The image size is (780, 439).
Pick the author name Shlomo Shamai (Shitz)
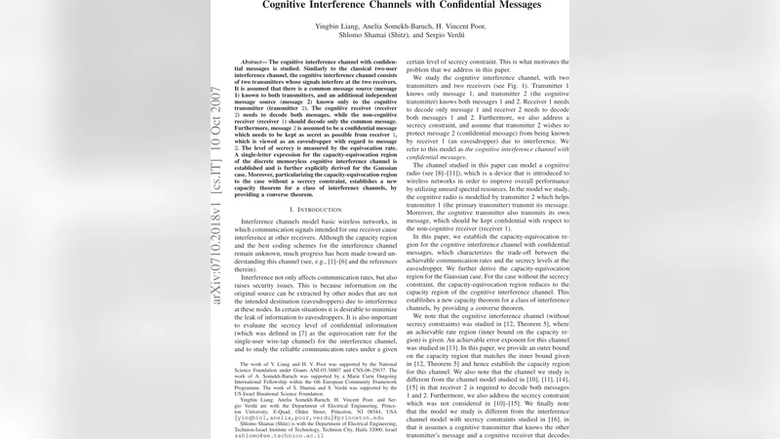(x=366, y=34)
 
